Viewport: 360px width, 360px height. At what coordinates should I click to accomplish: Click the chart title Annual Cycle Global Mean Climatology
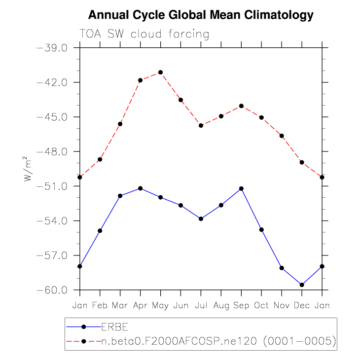click(201, 15)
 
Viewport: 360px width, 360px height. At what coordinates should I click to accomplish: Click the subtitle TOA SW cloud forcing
click(144, 35)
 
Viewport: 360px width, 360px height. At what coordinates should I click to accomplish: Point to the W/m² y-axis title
click(29, 169)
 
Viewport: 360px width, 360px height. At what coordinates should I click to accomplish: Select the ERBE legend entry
click(112, 326)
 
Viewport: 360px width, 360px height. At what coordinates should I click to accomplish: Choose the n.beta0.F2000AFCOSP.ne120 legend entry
click(218, 341)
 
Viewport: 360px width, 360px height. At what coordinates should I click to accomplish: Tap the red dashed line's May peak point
click(160, 72)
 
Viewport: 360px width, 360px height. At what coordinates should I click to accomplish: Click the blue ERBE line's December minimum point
click(302, 285)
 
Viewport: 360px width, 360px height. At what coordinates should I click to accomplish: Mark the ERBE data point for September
click(241, 188)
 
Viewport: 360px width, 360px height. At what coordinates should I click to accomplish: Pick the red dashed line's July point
click(201, 125)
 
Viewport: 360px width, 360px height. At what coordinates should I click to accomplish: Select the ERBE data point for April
click(140, 188)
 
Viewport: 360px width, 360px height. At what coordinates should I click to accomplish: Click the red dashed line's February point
click(100, 159)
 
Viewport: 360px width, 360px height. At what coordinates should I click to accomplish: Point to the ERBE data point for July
click(201, 218)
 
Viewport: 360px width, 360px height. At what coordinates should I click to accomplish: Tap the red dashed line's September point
click(241, 106)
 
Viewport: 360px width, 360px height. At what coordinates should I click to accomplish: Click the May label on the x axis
click(160, 305)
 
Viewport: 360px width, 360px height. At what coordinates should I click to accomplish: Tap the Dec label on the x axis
click(302, 305)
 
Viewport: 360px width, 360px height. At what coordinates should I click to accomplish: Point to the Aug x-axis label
click(221, 305)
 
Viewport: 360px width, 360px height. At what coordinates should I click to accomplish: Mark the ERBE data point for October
click(261, 230)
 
